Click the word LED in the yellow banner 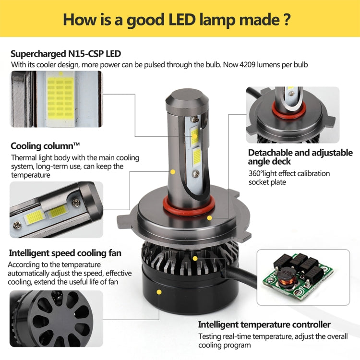[182, 20]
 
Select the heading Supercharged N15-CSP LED [66, 54]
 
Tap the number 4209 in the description [247, 64]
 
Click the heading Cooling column [45, 146]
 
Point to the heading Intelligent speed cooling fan [65, 253]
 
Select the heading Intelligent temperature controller [264, 324]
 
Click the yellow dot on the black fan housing [159, 292]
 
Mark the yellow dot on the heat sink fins [195, 259]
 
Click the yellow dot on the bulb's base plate [209, 218]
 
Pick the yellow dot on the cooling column [173, 172]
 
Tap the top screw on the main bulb [195, 119]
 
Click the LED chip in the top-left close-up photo [60, 98]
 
